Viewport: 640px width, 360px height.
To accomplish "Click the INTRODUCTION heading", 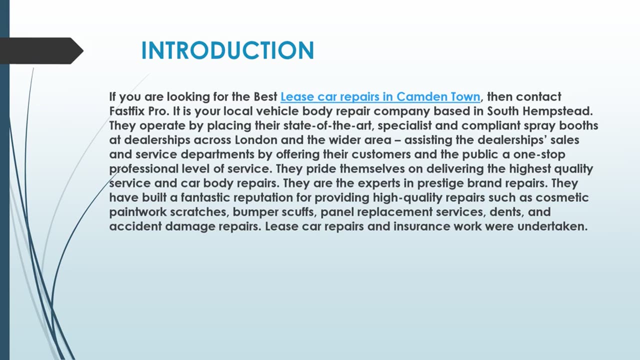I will (227, 51).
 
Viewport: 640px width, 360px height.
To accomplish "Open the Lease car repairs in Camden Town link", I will (380, 96).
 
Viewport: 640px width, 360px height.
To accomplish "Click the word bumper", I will (252, 212).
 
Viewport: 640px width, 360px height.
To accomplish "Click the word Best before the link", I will (263, 96).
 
